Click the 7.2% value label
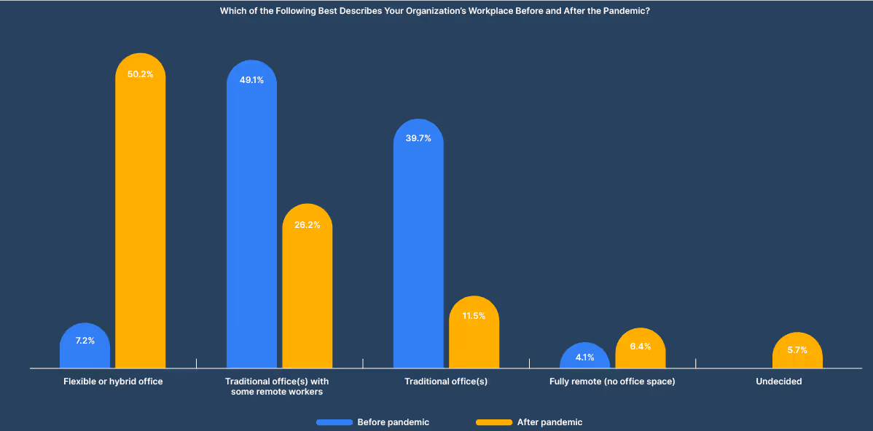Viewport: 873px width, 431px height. point(85,341)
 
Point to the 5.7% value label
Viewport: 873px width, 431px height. point(797,350)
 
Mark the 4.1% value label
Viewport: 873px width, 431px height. point(585,357)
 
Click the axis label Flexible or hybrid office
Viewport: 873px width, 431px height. point(113,381)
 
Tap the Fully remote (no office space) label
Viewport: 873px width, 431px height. point(612,381)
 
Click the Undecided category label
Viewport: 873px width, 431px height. point(778,381)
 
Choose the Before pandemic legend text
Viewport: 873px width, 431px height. point(393,422)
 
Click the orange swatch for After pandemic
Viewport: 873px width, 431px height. point(493,422)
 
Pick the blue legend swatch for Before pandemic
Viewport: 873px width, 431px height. point(334,422)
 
